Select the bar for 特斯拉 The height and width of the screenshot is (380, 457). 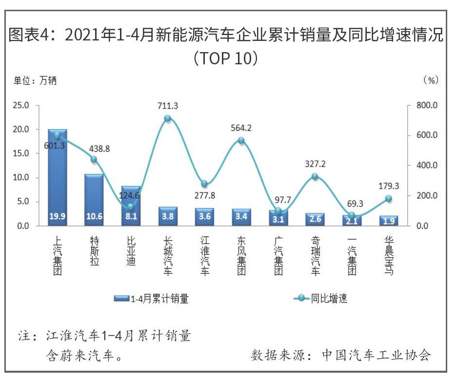click(x=94, y=200)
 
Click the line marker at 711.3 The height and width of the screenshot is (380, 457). click(x=167, y=118)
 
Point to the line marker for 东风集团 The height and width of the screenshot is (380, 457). click(x=241, y=140)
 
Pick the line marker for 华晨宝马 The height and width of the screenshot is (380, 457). click(x=388, y=198)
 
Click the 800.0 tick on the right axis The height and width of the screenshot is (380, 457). click(x=428, y=105)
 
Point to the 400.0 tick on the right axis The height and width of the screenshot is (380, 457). click(x=428, y=166)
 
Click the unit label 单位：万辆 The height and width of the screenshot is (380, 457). click(x=35, y=80)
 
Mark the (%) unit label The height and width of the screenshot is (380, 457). click(x=431, y=80)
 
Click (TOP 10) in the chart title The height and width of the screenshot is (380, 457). click(x=225, y=58)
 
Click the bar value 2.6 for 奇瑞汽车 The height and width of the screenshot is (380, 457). click(x=315, y=219)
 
